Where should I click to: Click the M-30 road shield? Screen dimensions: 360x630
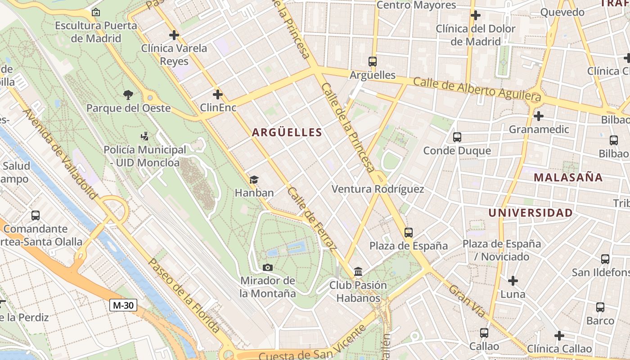pos(123,306)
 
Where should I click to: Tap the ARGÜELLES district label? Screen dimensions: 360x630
pos(287,132)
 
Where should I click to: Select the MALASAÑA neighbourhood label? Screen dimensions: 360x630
pos(568,177)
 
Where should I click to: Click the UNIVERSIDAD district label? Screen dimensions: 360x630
pos(531,212)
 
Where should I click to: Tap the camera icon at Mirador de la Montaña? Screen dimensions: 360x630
pos(268,268)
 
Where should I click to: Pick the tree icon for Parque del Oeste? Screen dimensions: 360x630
pos(128,94)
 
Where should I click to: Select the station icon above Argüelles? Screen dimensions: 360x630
pos(372,62)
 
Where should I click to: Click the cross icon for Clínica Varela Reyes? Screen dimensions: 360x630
pos(174,35)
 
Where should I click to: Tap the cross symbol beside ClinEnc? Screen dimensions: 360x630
pos(218,94)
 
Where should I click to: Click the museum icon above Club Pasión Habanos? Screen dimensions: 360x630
pos(358,272)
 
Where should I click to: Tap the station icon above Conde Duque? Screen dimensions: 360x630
pos(457,137)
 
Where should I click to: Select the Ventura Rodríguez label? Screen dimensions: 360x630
pos(378,189)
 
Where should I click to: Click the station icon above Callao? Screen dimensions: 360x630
pos(484,333)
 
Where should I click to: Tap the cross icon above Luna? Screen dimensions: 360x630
pos(513,281)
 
